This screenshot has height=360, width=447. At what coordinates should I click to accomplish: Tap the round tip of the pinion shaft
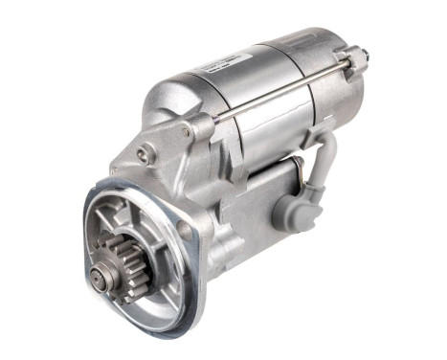click(x=100, y=278)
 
